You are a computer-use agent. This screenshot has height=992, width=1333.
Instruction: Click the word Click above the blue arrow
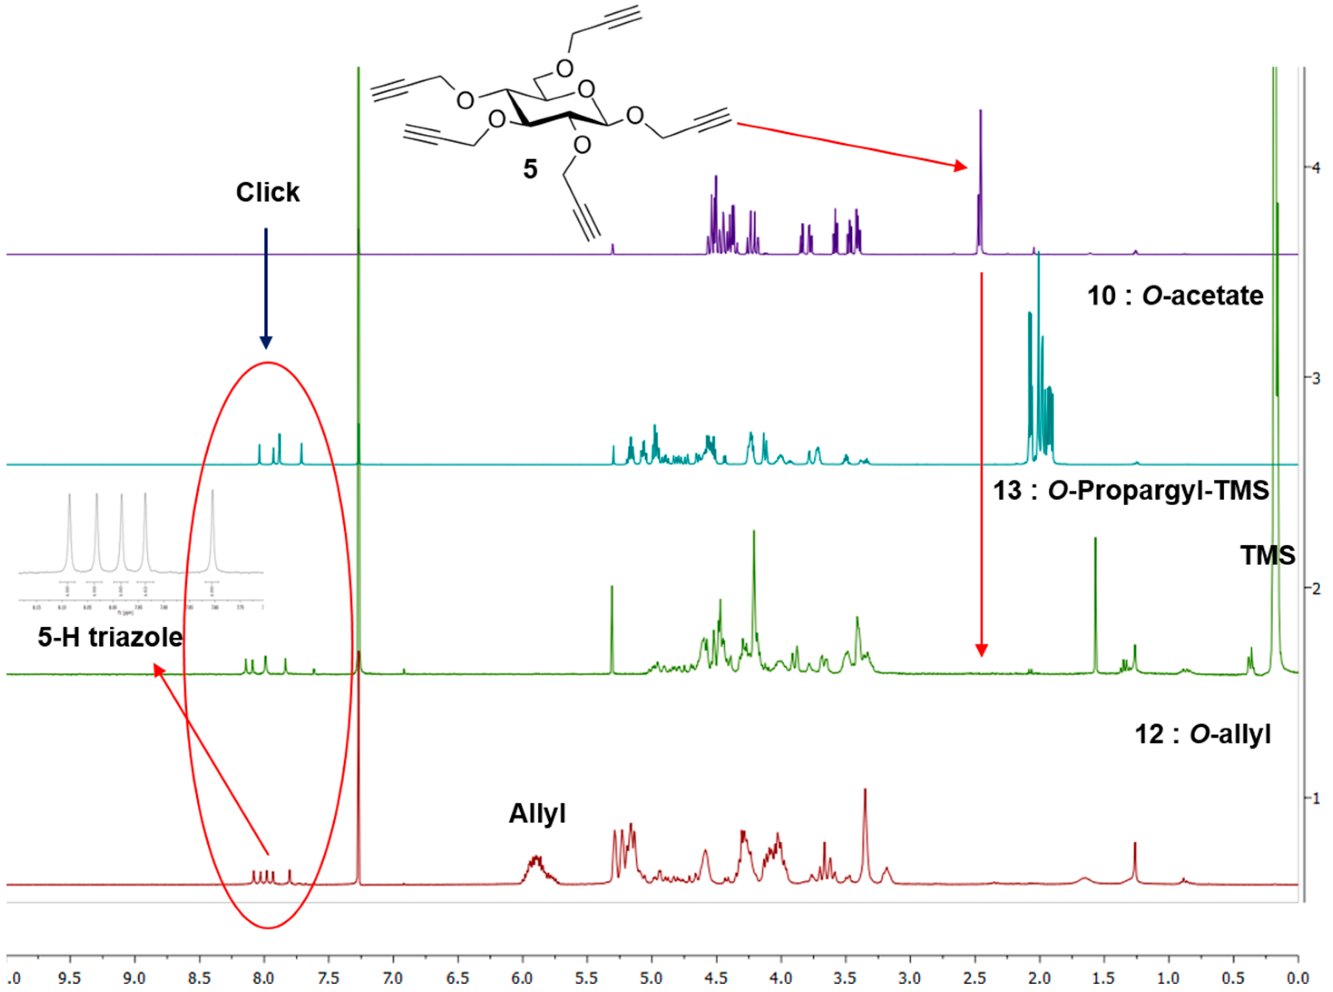[267, 193]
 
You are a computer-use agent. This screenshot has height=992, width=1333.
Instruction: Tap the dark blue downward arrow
[266, 288]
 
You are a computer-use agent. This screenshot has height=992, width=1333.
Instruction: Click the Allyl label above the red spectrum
[537, 814]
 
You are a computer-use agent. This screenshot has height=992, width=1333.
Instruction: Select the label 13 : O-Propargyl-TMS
[1131, 491]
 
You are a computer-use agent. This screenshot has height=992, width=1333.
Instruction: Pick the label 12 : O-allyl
[1203, 734]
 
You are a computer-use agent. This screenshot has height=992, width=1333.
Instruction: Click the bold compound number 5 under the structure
[530, 170]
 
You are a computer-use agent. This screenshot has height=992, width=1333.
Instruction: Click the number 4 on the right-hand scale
[1317, 167]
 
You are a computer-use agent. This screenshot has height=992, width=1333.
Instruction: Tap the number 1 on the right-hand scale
[1317, 798]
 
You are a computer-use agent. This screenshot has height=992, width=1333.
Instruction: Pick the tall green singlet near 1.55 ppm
[1095, 601]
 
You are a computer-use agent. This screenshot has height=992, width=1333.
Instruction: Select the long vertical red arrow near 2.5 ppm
[981, 462]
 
